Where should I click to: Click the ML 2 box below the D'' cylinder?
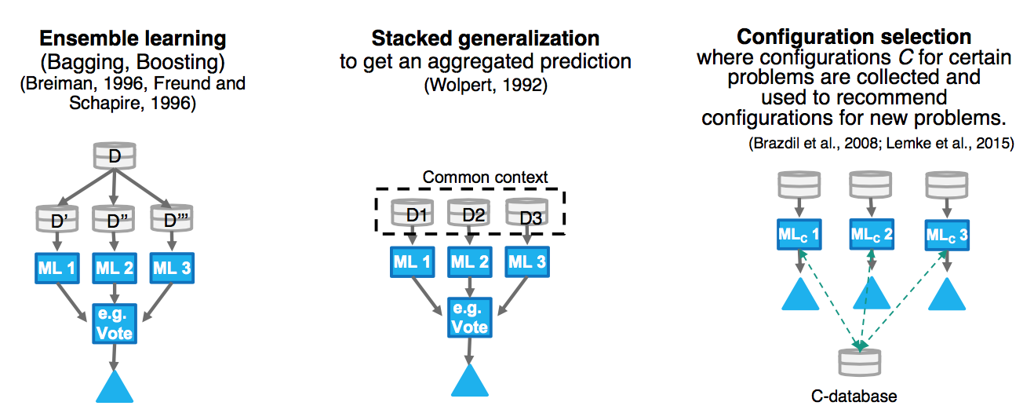(115, 268)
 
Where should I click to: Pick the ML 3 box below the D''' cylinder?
(172, 268)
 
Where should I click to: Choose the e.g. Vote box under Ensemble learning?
(115, 323)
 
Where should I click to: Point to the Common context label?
(485, 177)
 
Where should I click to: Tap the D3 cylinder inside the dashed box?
(526, 214)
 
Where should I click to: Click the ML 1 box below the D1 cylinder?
(411, 262)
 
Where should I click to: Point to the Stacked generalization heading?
(485, 38)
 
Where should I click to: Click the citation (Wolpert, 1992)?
(485, 85)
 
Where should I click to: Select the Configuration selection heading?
(854, 37)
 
